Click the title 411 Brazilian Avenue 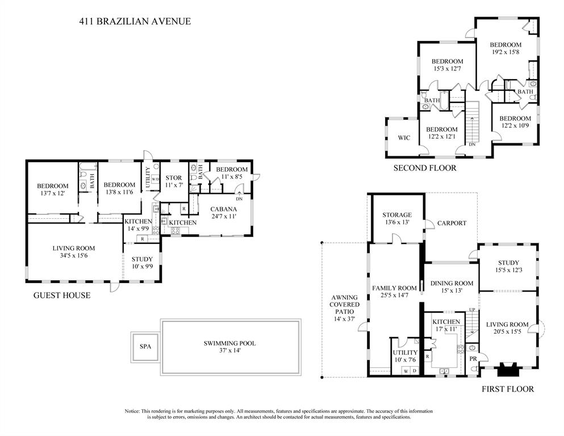[x=134, y=22]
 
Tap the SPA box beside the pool [x=145, y=346]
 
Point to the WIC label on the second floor [x=404, y=138]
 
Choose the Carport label [x=452, y=223]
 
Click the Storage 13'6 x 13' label [x=396, y=218]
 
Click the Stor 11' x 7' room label [x=173, y=181]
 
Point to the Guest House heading [x=62, y=295]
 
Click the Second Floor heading [x=425, y=168]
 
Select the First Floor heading [x=507, y=389]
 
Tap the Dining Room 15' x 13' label [x=452, y=287]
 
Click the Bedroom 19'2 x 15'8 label [x=505, y=49]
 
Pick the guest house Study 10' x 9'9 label [x=141, y=263]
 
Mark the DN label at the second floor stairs [x=472, y=144]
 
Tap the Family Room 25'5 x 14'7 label [x=394, y=292]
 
